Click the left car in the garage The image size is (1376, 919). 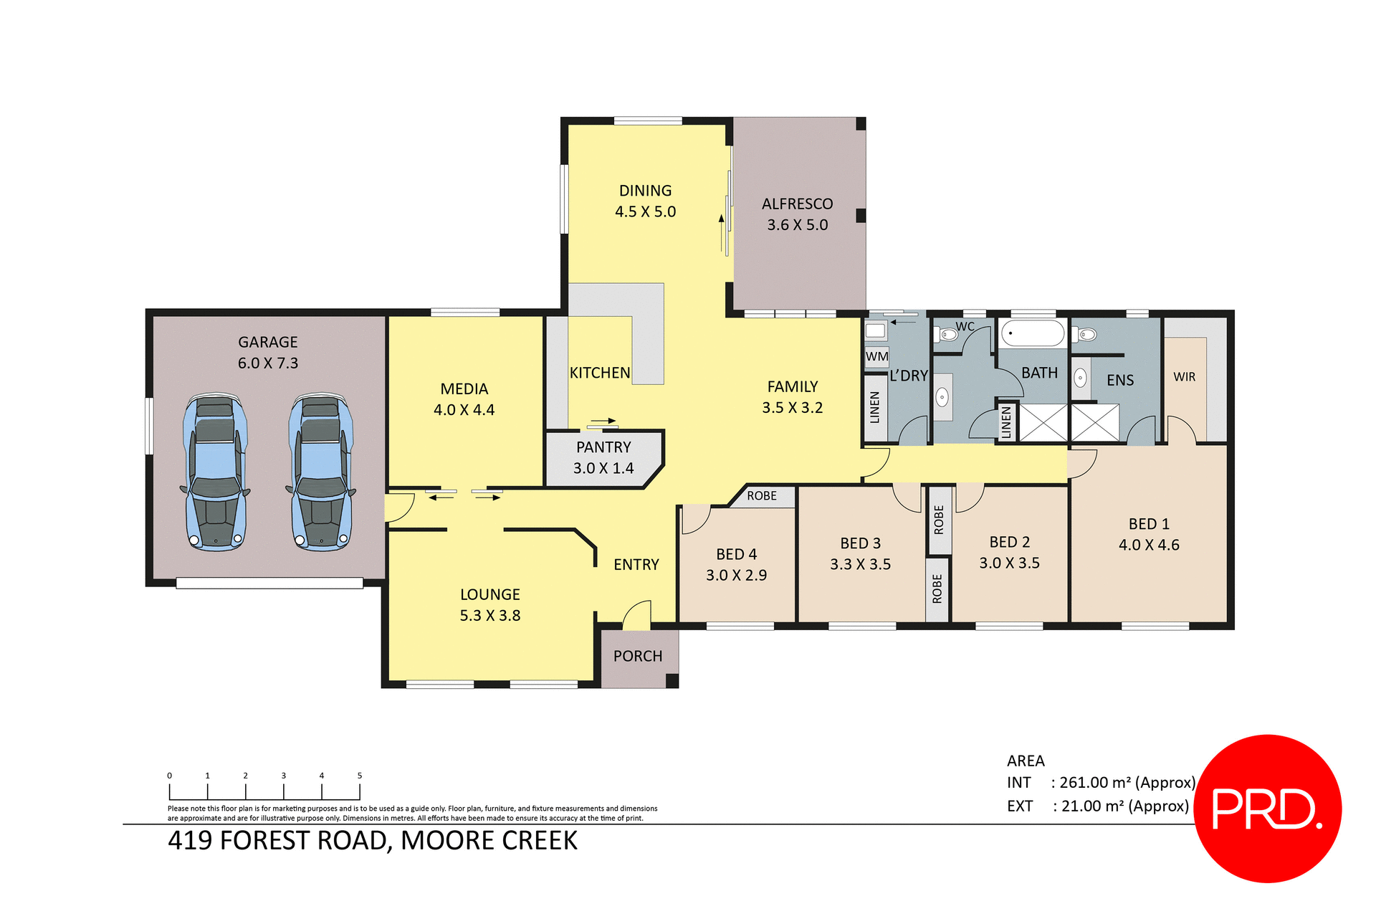point(216,472)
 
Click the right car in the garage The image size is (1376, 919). point(321,472)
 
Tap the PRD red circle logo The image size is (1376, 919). point(1267,808)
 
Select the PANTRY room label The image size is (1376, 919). point(603,447)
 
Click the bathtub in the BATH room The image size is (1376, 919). point(1032,334)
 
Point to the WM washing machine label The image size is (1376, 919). point(876,356)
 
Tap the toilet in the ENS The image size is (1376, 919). point(1086,334)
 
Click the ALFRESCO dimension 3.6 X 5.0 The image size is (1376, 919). point(797,225)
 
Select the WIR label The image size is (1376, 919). point(1184,377)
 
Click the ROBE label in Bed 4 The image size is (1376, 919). point(761,496)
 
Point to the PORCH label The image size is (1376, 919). point(637,656)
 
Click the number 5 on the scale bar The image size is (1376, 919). point(360,776)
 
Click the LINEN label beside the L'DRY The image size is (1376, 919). point(874,407)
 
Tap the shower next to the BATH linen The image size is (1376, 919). point(1043,422)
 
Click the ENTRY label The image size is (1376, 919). point(636,565)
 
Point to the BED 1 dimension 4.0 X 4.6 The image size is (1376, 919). point(1148,545)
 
